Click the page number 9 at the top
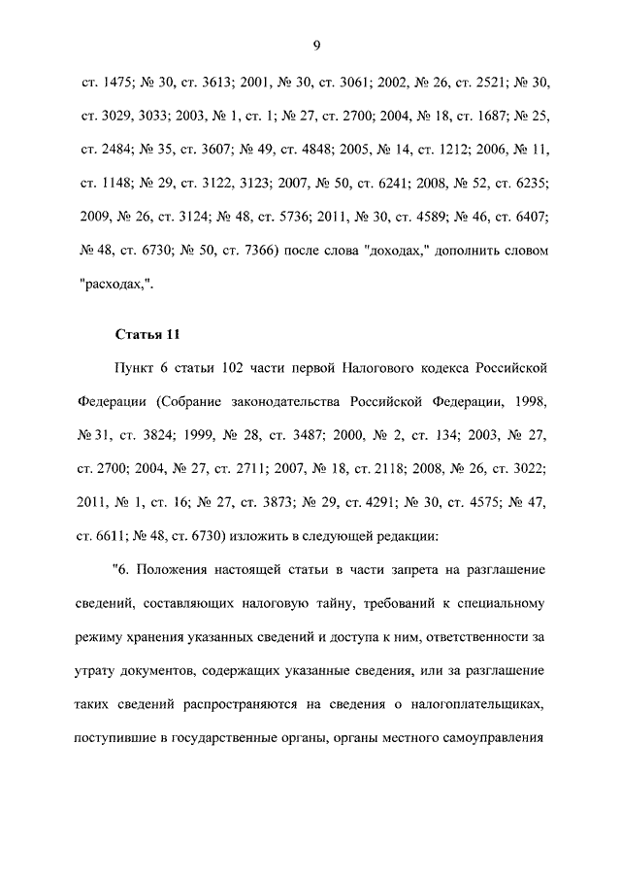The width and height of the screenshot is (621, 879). pyautogui.click(x=315, y=44)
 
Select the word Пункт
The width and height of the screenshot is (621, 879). pyautogui.click(x=138, y=370)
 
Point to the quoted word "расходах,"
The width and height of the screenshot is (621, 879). pyautogui.click(x=114, y=285)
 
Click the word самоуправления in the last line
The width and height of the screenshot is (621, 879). pyautogui.click(x=492, y=736)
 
